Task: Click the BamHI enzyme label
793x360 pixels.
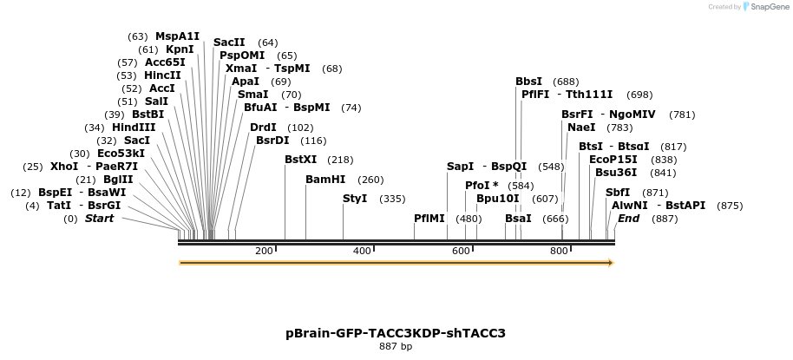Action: (325, 180)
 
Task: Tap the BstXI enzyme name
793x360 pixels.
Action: (301, 160)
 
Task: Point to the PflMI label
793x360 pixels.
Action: (429, 219)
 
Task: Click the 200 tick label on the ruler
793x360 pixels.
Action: (264, 251)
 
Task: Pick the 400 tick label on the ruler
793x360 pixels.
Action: (362, 251)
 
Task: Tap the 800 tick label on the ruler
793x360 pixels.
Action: (559, 251)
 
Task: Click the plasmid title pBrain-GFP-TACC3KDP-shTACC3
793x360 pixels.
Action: (396, 333)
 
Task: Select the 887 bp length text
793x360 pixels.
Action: (396, 347)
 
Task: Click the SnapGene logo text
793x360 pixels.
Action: (764, 7)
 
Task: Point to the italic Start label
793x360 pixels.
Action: (99, 219)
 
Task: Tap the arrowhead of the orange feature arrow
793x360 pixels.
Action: (610, 262)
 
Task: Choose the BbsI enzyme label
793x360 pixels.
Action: (529, 82)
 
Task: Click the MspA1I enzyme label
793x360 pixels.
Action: (177, 36)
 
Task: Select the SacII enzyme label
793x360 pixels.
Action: (229, 43)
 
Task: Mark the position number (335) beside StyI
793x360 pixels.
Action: (393, 199)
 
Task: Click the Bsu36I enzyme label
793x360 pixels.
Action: (616, 172)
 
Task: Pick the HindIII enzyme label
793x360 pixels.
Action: (134, 128)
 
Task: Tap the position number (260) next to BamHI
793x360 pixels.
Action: (370, 180)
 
